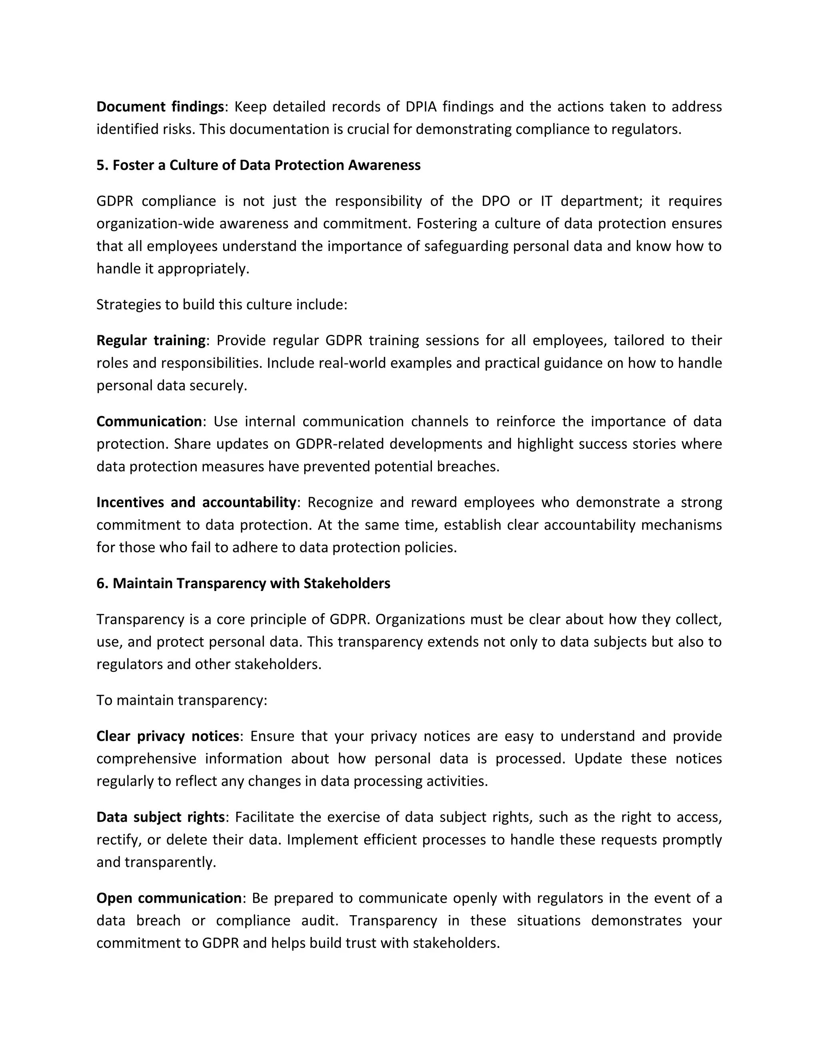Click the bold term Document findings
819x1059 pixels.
click(160, 107)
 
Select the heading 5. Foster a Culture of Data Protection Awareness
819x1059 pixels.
click(258, 165)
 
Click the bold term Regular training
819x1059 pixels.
click(151, 340)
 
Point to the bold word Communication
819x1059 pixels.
click(149, 421)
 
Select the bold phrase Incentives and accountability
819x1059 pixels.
click(196, 502)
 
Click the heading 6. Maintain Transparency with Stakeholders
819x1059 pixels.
click(243, 583)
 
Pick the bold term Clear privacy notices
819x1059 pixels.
click(168, 736)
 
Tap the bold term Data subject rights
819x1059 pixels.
click(160, 817)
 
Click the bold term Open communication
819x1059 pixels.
click(169, 898)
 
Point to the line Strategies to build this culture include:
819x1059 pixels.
click(222, 305)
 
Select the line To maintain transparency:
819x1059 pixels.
click(182, 700)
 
